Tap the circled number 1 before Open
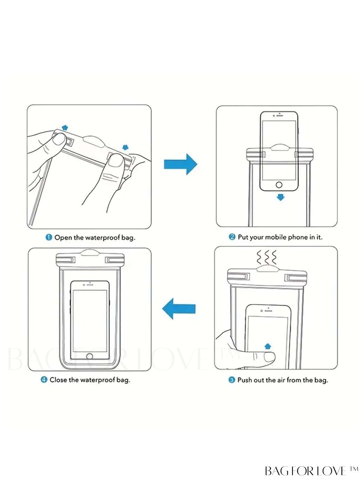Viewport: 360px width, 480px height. pyautogui.click(x=49, y=238)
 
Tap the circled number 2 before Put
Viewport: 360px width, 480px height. pyautogui.click(x=232, y=237)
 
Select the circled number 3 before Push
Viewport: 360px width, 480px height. pyautogui.click(x=232, y=380)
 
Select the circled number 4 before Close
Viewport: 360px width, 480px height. pyautogui.click(x=44, y=380)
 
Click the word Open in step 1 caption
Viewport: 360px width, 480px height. pyautogui.click(x=63, y=238)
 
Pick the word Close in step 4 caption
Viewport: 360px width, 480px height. pyautogui.click(x=58, y=380)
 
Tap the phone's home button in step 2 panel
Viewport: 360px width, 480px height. pyautogui.click(x=279, y=185)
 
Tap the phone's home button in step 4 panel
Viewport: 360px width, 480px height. pyautogui.click(x=90, y=356)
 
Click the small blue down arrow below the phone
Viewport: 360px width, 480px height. pyautogui.click(x=280, y=197)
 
